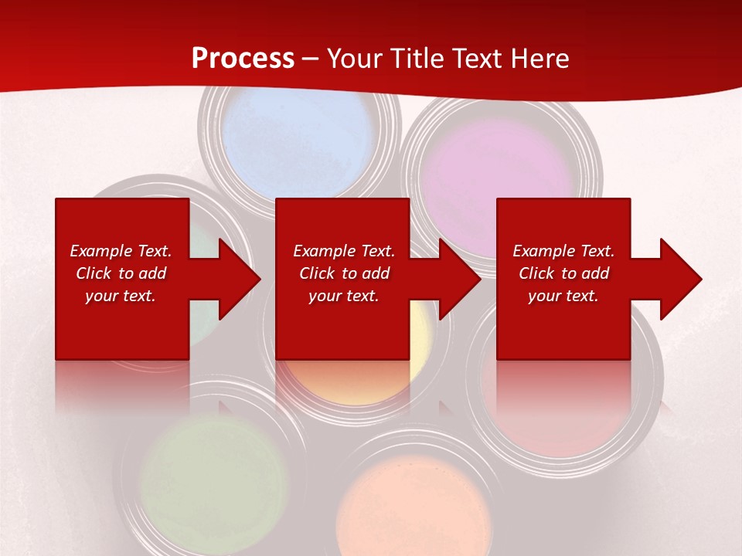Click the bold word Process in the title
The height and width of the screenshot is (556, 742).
tap(243, 59)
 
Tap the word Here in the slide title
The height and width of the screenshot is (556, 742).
tap(538, 59)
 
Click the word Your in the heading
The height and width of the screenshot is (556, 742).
tap(356, 59)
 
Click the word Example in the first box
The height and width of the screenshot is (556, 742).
tap(100, 251)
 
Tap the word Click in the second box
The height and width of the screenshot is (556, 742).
tap(316, 273)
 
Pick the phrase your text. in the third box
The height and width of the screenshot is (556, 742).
tap(563, 296)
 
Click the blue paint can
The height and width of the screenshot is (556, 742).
tap(298, 143)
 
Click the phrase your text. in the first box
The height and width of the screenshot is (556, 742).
tap(121, 296)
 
